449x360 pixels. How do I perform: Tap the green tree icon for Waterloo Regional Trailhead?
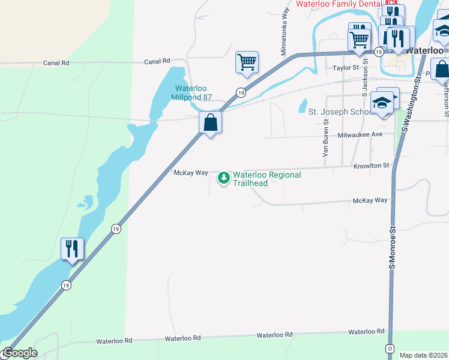pyautogui.click(x=224, y=178)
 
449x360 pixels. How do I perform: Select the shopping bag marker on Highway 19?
pyautogui.click(x=211, y=123)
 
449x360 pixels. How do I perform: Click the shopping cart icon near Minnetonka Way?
pyautogui.click(x=247, y=62)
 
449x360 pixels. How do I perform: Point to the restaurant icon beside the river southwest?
pyautogui.click(x=72, y=248)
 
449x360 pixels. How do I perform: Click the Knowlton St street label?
pyautogui.click(x=372, y=165)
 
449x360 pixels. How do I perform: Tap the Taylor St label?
pyautogui.click(x=345, y=68)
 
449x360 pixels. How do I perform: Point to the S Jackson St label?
pyautogui.click(x=364, y=81)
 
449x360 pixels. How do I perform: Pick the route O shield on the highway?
pyautogui.click(x=390, y=349)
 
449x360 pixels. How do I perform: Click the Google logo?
pyautogui.click(x=19, y=353)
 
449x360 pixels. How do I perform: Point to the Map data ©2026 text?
pyautogui.click(x=423, y=355)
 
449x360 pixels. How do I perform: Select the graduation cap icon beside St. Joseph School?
pyautogui.click(x=382, y=103)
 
